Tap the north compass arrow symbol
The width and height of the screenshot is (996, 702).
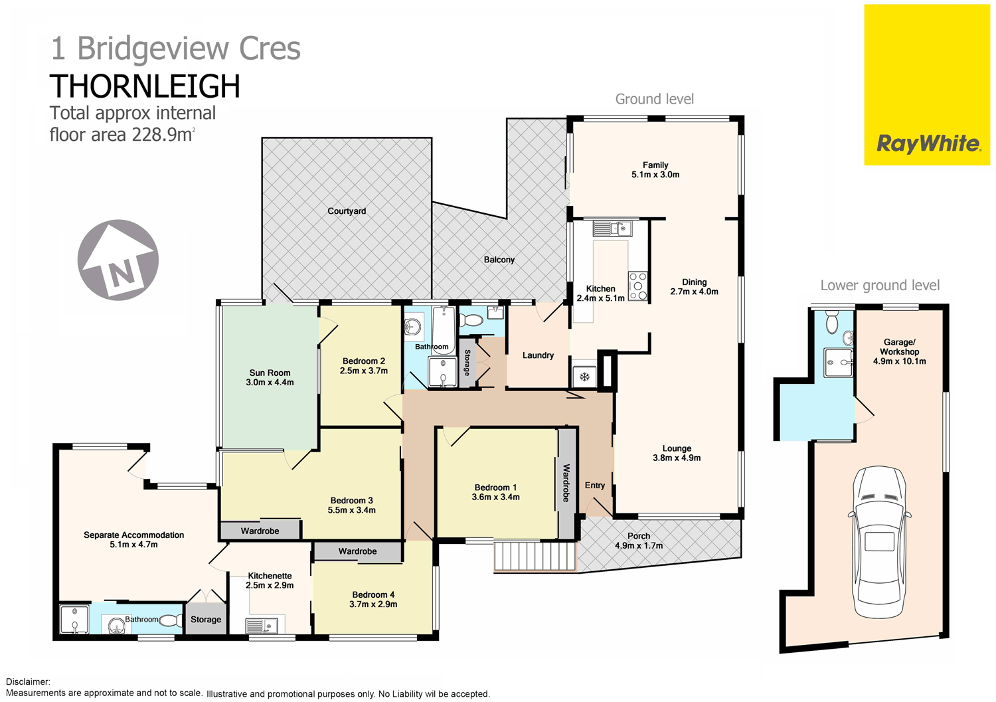click(118, 260)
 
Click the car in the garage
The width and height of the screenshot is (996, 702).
click(879, 542)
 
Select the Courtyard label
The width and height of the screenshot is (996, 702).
click(347, 211)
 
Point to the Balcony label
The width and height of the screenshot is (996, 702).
click(499, 260)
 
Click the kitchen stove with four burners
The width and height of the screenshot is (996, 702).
click(637, 286)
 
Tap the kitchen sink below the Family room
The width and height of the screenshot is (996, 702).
click(612, 229)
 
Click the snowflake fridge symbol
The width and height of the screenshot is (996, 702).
click(584, 377)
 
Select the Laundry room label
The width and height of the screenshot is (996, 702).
click(538, 355)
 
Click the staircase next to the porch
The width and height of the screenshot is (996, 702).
click(535, 556)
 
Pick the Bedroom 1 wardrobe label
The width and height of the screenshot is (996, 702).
click(566, 483)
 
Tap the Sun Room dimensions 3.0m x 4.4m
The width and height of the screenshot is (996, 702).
click(270, 383)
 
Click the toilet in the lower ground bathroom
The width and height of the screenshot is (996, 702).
click(832, 323)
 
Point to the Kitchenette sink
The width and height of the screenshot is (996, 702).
click(262, 625)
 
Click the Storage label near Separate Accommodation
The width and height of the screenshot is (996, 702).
click(206, 620)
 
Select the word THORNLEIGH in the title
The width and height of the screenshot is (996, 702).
click(145, 86)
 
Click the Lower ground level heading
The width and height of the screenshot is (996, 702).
click(880, 286)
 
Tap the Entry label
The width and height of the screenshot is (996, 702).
click(595, 485)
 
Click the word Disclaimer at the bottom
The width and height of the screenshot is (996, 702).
click(28, 682)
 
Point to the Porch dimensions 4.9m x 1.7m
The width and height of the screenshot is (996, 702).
click(639, 546)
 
